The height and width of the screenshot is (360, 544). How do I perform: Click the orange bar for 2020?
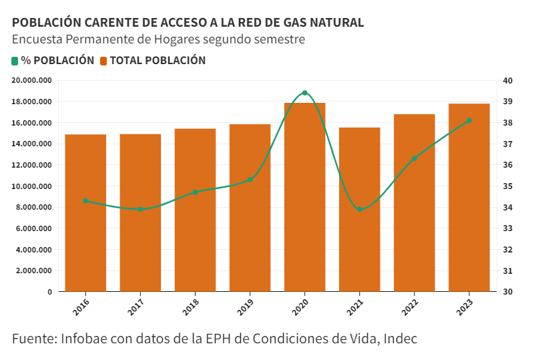pos(304,200)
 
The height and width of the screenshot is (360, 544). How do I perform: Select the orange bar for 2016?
pos(85,214)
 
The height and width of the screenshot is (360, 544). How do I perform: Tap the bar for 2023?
pos(469,200)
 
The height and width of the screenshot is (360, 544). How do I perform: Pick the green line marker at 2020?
pos(304,93)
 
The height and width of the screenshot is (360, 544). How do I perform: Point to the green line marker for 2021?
pos(359,210)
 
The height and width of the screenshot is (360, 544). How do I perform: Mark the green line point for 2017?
pos(140,210)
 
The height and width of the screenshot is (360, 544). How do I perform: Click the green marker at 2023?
pos(469,120)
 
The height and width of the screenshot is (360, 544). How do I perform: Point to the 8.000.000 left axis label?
pos(34,208)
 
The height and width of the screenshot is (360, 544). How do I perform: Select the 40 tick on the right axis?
pos(507,81)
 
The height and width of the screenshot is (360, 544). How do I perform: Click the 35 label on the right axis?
pos(507,186)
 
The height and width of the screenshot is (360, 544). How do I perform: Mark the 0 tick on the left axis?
pos(49,292)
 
